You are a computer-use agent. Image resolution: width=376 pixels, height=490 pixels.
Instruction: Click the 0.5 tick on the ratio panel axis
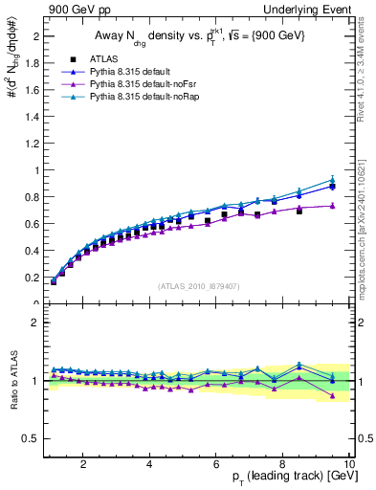click(x=32, y=438)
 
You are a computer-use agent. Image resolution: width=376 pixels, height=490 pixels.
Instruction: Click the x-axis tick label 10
click(x=348, y=464)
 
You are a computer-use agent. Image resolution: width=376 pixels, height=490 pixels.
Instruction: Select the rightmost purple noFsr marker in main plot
click(x=332, y=206)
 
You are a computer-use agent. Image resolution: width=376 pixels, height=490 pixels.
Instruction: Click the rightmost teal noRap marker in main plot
click(x=332, y=180)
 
